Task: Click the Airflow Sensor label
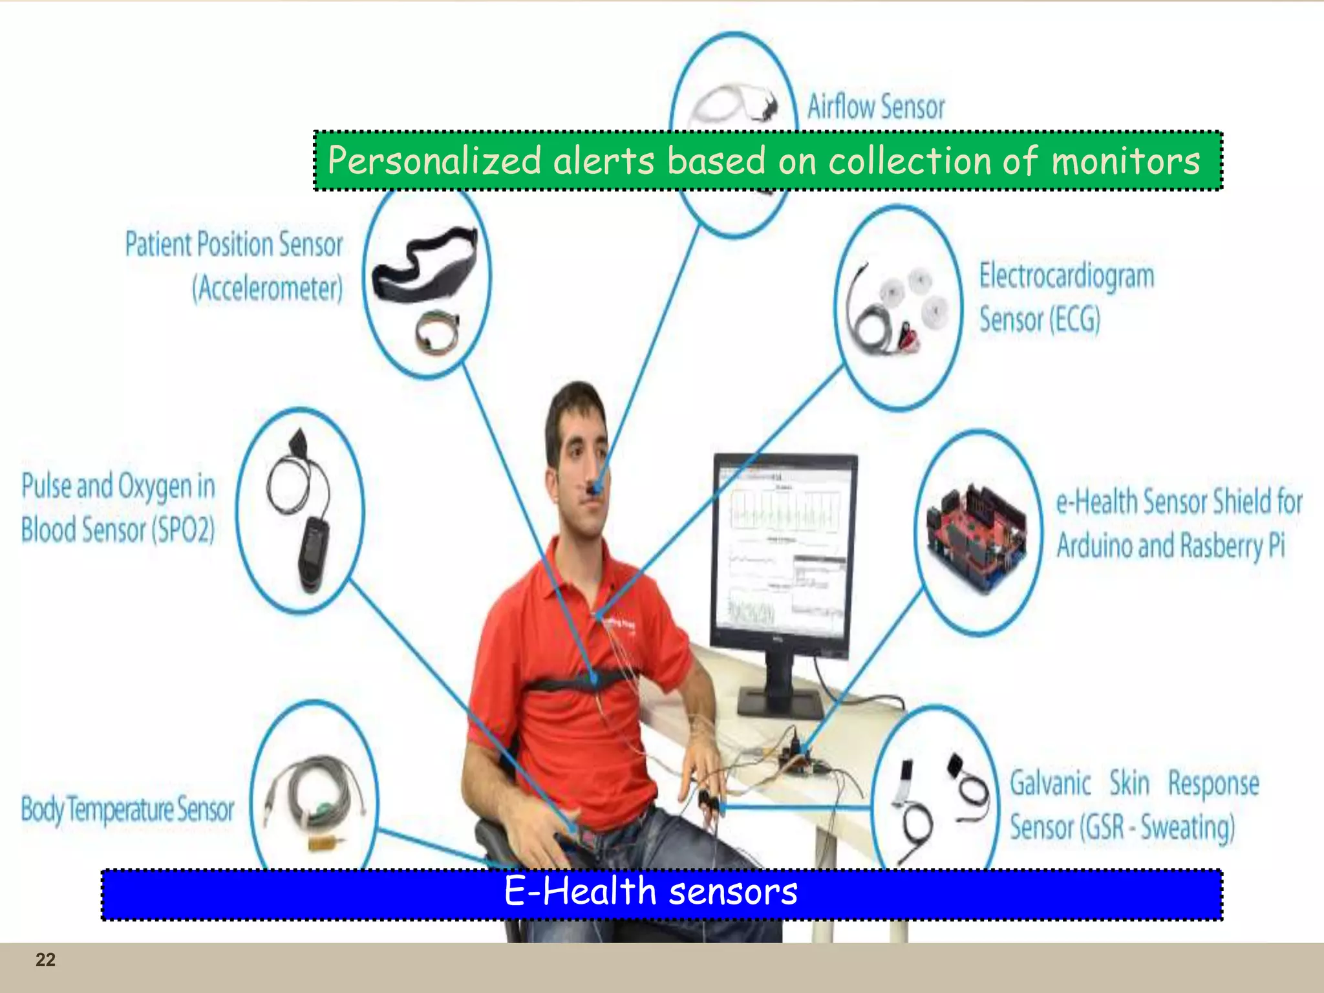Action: [876, 107]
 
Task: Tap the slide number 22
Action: [45, 959]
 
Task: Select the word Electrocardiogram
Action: [1067, 276]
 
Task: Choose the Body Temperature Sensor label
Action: [127, 809]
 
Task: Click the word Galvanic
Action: [1051, 784]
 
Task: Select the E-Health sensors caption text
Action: [650, 892]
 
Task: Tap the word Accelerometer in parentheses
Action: [268, 288]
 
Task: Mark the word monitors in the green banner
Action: [1126, 160]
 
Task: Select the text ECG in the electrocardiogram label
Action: [1074, 319]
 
